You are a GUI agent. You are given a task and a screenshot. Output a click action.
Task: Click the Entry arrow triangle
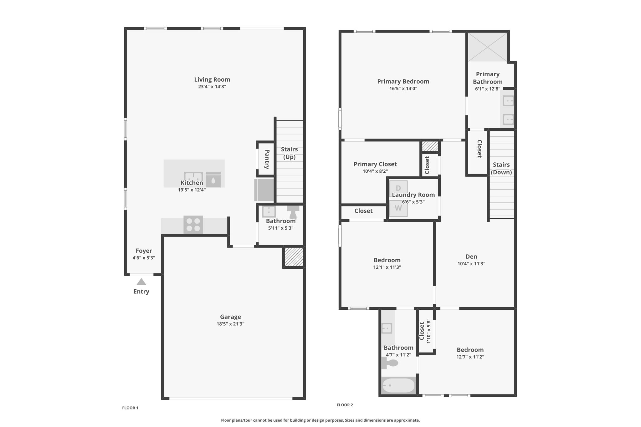tap(141, 282)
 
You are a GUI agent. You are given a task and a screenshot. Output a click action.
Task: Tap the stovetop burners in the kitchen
tap(193, 225)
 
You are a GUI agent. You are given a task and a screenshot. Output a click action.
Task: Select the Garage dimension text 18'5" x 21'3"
tap(230, 324)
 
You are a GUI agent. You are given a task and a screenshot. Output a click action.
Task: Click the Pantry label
tap(267, 159)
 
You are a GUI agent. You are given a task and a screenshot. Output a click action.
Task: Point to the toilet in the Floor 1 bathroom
tap(293, 212)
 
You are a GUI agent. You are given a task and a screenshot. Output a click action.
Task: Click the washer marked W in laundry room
tap(398, 208)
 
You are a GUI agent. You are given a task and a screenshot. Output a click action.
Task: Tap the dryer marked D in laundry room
tap(398, 188)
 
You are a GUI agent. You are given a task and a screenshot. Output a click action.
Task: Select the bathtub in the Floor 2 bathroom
tap(398, 385)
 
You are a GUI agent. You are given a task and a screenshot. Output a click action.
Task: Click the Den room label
tap(471, 257)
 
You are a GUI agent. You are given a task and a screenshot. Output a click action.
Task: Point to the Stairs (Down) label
tap(501, 168)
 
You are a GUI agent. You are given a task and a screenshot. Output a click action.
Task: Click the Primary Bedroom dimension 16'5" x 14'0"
tap(403, 89)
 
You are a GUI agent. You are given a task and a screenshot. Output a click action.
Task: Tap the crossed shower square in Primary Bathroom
tap(488, 47)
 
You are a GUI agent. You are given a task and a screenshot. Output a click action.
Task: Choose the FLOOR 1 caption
tap(130, 408)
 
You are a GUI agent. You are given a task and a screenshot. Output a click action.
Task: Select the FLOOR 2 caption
tap(345, 405)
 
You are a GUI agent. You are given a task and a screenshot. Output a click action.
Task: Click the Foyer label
tap(144, 251)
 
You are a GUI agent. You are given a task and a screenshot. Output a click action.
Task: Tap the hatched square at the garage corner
tap(294, 257)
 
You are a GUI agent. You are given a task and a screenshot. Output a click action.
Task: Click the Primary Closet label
tap(375, 164)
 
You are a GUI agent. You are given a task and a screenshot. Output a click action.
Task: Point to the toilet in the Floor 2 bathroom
tap(390, 363)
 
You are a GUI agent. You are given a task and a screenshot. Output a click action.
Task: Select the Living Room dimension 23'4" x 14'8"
tap(212, 87)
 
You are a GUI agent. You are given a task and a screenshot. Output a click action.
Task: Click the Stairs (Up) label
tap(289, 153)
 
